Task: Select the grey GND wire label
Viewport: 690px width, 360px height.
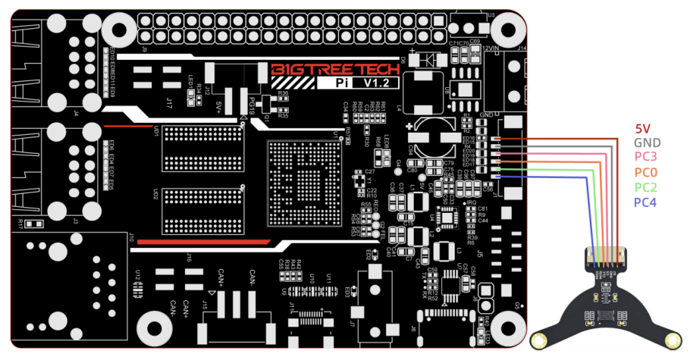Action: pyautogui.click(x=646, y=142)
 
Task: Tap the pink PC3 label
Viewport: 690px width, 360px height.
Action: pyautogui.click(x=646, y=157)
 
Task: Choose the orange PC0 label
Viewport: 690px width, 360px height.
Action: pyautogui.click(x=646, y=172)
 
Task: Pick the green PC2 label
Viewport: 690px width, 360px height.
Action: pyautogui.click(x=646, y=186)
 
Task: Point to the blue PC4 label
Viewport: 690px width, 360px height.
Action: pyautogui.click(x=646, y=202)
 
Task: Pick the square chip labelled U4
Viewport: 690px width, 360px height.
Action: pyautogui.click(x=449, y=218)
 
